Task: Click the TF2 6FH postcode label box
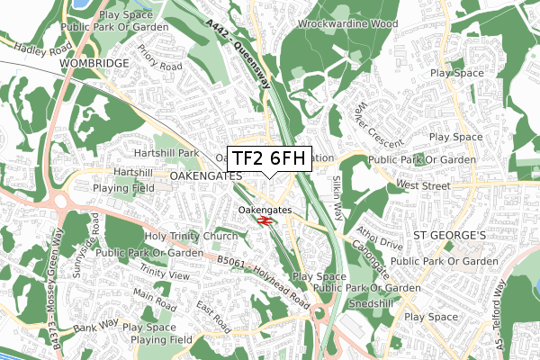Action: coord(270,158)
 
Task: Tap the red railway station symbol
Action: coord(265,220)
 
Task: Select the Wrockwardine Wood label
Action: coord(360,23)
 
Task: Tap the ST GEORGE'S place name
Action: coord(448,236)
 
